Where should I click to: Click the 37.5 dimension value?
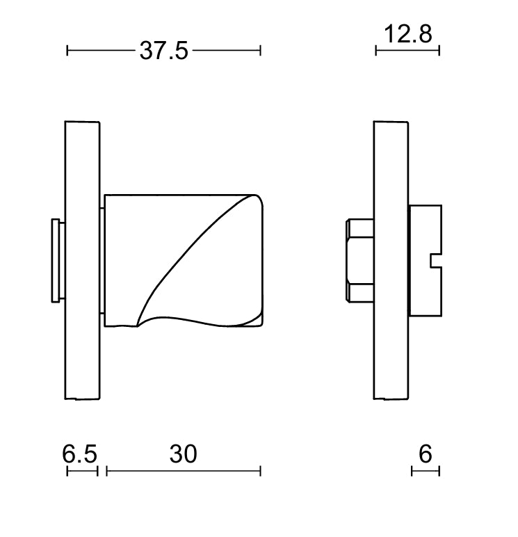pos(163,51)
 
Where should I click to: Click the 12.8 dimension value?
pos(407,34)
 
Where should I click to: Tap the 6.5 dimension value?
pos(79,454)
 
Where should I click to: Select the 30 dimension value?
pos(183,454)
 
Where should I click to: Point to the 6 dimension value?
pos(426,454)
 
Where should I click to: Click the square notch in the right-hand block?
pos(436,261)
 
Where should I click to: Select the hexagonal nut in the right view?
pos(360,261)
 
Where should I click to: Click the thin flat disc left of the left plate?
pos(56,261)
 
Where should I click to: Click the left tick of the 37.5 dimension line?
pos(67,51)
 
